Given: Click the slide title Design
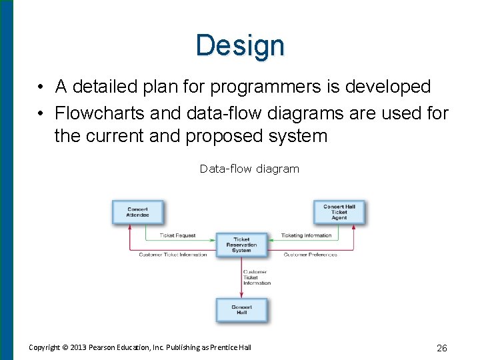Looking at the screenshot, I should pyautogui.click(x=240, y=45).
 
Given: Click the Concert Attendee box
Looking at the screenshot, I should pyautogui.click(x=137, y=212).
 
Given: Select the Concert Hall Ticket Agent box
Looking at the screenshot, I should pyautogui.click(x=339, y=212).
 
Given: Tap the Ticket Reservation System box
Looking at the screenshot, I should pyautogui.click(x=241, y=245).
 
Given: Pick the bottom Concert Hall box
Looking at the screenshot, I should pyautogui.click(x=241, y=310).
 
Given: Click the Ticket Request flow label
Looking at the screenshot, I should pyautogui.click(x=177, y=235).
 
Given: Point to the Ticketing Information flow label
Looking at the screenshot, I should pyautogui.click(x=306, y=235).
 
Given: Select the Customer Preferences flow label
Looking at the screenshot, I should pyautogui.click(x=310, y=255).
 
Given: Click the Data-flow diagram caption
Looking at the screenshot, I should pyautogui.click(x=249, y=169).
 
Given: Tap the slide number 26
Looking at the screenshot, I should pyautogui.click(x=441, y=347).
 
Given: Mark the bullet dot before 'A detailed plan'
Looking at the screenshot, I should pyautogui.click(x=41, y=87).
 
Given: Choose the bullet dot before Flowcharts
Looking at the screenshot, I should pyautogui.click(x=41, y=114).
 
